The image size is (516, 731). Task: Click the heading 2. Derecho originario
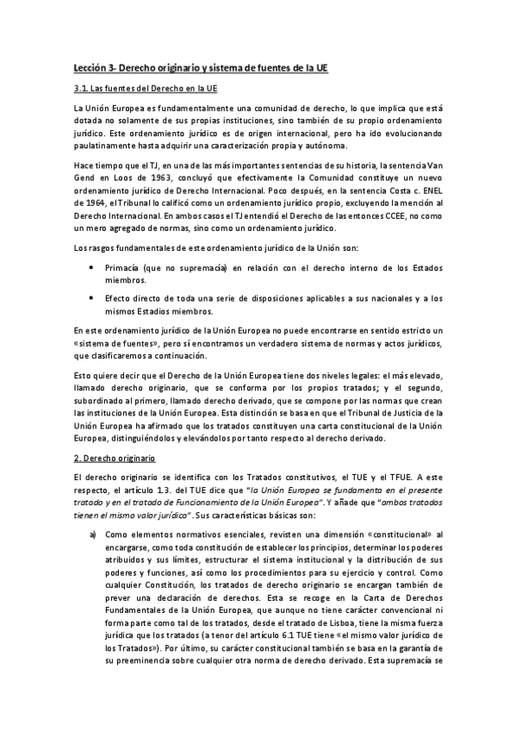[x=112, y=458]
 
